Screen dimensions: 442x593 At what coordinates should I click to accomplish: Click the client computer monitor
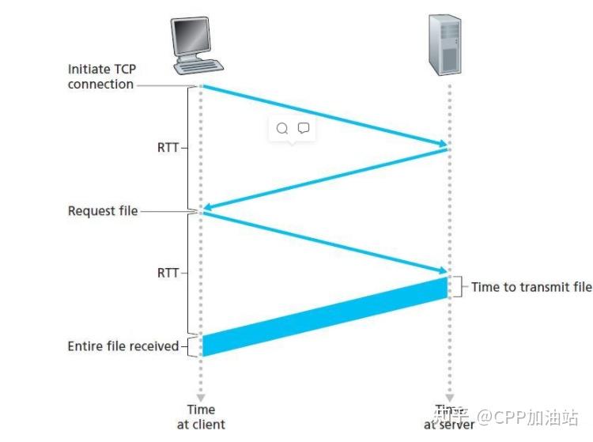(192, 37)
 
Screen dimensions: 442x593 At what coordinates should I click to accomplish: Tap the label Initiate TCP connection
(100, 77)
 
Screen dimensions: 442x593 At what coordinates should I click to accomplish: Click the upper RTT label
(168, 146)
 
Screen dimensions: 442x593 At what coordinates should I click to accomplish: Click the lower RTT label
(168, 273)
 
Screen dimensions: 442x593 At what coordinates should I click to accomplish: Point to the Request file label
(102, 211)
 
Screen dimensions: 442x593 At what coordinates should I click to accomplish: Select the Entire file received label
(123, 346)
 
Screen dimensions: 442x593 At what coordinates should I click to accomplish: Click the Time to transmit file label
(531, 287)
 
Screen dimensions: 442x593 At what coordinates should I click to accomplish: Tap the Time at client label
(201, 416)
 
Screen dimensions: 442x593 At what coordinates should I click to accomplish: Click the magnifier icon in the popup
(281, 129)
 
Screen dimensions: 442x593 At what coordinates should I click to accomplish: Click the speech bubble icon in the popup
(302, 128)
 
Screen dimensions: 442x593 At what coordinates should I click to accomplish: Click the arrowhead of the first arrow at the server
(441, 143)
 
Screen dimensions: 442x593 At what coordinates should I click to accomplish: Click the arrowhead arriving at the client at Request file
(208, 209)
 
